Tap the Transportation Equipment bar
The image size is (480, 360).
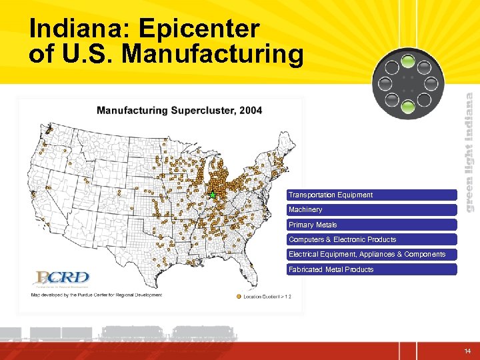click(x=371, y=195)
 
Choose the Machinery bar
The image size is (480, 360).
click(x=371, y=210)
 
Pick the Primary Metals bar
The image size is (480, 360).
click(x=371, y=225)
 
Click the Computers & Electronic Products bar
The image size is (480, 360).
click(x=371, y=239)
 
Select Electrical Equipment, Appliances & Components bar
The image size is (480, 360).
click(x=371, y=255)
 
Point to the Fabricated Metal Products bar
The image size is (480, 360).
click(x=371, y=269)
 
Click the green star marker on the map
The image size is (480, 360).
click(x=212, y=195)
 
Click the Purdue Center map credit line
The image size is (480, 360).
click(x=97, y=295)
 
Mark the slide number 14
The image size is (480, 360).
click(x=467, y=351)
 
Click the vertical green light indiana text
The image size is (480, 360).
click(x=469, y=152)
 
